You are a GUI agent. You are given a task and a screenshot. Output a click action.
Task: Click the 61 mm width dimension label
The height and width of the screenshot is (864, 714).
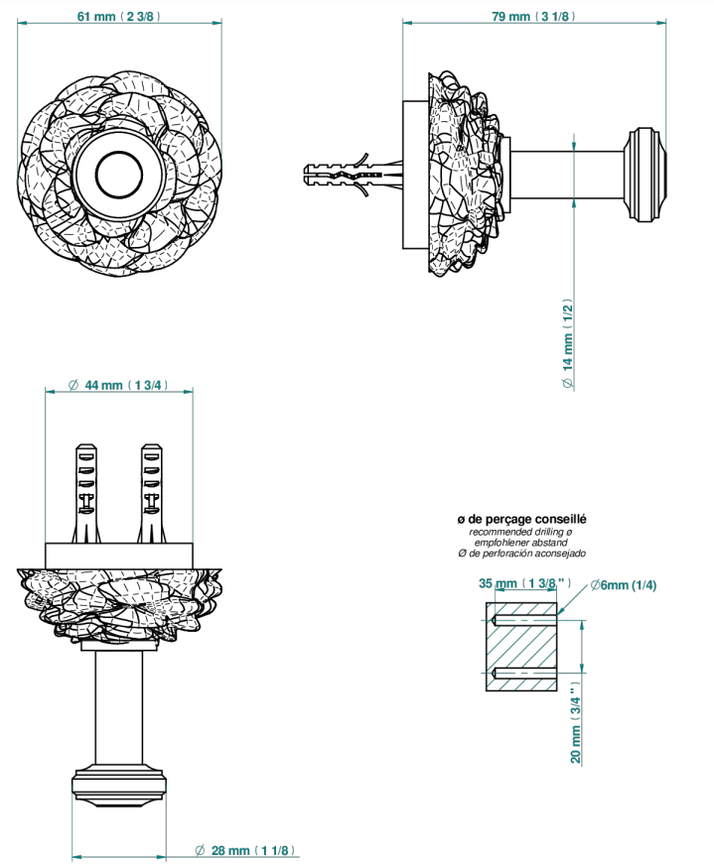click(x=118, y=16)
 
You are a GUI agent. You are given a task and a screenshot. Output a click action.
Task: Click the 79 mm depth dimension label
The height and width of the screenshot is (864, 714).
click(x=533, y=16)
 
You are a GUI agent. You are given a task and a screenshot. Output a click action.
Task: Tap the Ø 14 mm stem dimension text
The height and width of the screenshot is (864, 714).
click(x=568, y=344)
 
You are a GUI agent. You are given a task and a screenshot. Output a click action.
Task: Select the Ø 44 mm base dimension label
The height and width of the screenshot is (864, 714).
click(x=117, y=385)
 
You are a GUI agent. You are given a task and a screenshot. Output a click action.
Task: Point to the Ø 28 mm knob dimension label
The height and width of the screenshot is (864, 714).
click(x=245, y=850)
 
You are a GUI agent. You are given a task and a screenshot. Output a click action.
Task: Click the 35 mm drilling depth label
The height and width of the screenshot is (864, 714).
click(x=524, y=583)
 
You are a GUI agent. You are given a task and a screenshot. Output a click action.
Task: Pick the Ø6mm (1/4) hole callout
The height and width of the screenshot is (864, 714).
click(x=623, y=584)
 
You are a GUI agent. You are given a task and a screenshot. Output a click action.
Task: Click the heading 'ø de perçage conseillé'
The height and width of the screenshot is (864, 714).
click(x=521, y=519)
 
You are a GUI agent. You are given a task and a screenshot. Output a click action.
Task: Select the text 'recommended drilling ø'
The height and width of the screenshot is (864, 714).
click(x=520, y=532)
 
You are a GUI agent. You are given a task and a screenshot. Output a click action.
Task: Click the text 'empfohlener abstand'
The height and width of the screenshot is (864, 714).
click(x=521, y=543)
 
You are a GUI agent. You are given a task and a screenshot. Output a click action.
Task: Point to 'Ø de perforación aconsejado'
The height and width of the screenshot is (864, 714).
click(x=521, y=554)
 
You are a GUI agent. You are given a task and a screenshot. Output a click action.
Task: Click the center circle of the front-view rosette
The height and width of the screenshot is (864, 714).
click(x=118, y=176)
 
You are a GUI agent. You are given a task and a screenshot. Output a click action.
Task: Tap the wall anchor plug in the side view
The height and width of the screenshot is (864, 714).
click(x=354, y=175)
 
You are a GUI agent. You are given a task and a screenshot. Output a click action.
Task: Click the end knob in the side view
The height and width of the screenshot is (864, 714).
click(x=645, y=175)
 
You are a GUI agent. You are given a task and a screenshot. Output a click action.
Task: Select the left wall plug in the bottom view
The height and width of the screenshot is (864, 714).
click(x=86, y=493)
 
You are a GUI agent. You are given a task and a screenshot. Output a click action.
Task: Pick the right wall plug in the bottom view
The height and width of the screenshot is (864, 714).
click(x=151, y=493)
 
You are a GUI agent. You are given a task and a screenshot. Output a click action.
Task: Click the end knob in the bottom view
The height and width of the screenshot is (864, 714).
click(x=118, y=786)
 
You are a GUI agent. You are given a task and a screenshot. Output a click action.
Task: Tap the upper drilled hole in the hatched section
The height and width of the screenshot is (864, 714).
click(x=524, y=620)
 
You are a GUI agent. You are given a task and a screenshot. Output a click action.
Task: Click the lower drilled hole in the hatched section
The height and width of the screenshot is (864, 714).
click(x=524, y=673)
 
